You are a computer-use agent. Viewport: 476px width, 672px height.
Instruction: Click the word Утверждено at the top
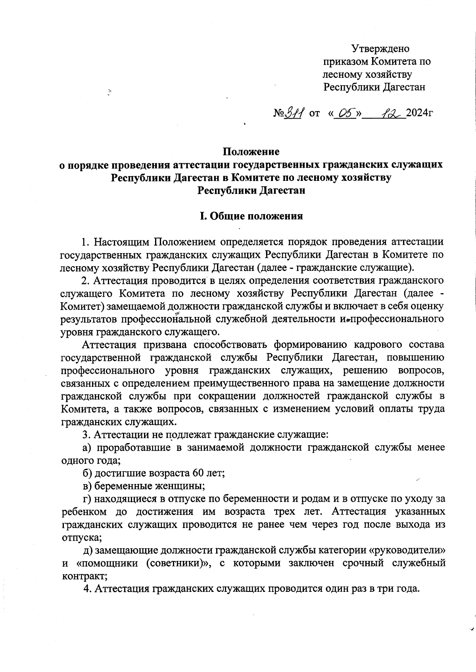tap(380, 49)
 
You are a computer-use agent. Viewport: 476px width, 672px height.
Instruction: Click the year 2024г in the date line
tap(419, 114)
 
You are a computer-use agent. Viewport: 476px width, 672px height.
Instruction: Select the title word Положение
tap(251, 152)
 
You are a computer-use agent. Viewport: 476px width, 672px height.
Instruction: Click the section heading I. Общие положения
tap(251, 216)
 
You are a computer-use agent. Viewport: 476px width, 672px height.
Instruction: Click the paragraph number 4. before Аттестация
tap(88, 589)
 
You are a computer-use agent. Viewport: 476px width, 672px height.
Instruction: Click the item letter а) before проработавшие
tap(87, 447)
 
